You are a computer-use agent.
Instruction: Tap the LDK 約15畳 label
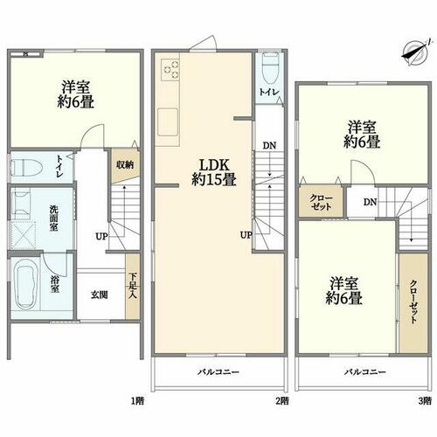pos(214,173)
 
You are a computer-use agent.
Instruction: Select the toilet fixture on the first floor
pos(27,168)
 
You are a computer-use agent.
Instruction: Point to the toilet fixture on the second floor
pos(271,67)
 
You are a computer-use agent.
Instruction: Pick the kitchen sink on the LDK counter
pos(168,121)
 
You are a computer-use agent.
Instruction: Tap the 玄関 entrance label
pos(100,295)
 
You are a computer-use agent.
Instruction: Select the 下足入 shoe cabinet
pos(133,287)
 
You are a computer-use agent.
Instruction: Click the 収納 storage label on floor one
pos(125,165)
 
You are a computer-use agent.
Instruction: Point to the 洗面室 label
pos(53,218)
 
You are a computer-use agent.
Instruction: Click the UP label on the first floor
pos(101,236)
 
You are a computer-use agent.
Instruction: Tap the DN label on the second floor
pos(269,145)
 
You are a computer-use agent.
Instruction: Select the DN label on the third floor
pos(370,202)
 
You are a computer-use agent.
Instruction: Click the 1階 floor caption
pos(136,401)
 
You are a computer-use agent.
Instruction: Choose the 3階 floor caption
pos(425,401)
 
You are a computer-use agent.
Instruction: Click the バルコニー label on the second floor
pos(218,372)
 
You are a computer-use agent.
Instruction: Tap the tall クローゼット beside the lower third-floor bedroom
pos(413,303)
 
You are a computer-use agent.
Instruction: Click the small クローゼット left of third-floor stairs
pos(321,202)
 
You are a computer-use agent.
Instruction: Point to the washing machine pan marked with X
pos(24,235)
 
